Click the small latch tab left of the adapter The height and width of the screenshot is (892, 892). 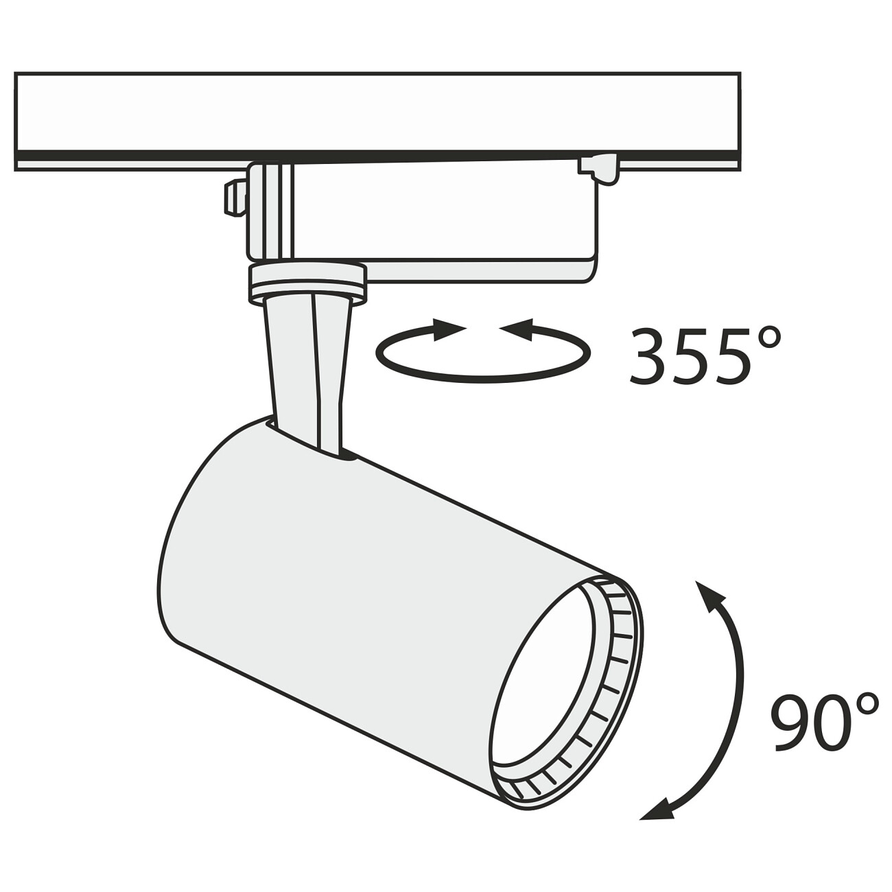pos(235,198)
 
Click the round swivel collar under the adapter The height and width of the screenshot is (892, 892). pos(307,284)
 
